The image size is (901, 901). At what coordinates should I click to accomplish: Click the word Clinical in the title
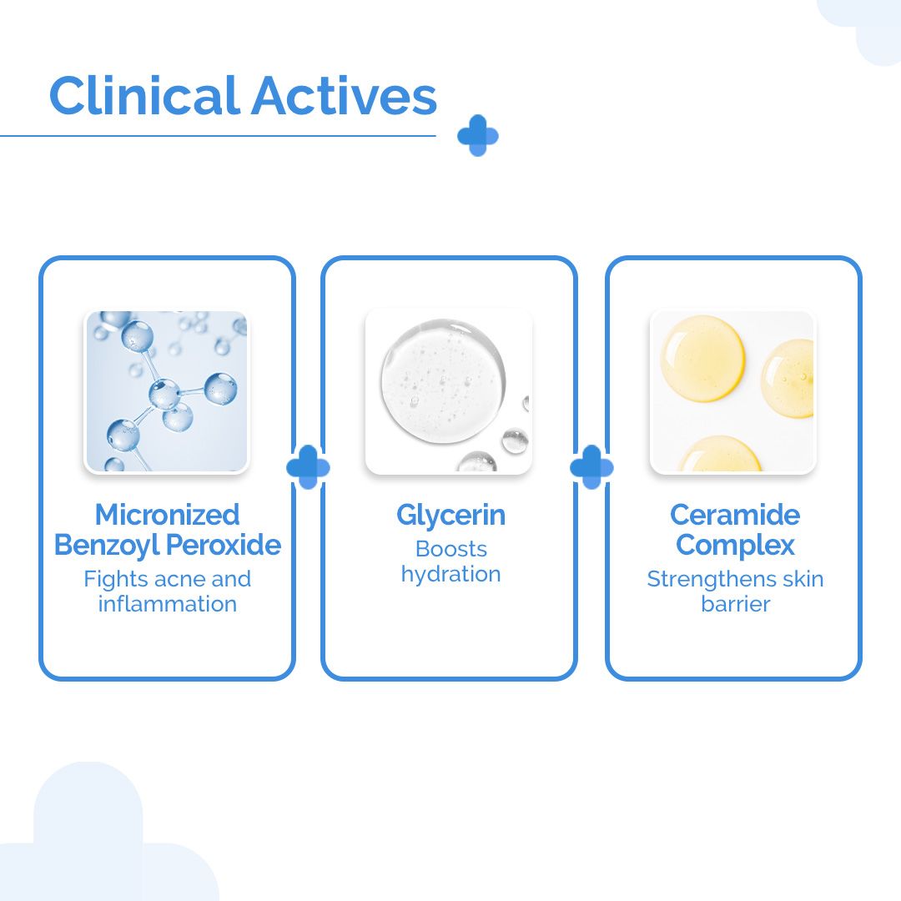[x=143, y=96]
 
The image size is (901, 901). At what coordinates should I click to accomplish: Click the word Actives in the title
[x=343, y=96]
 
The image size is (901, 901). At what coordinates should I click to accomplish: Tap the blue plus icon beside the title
[x=478, y=135]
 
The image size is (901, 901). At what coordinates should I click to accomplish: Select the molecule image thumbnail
[x=167, y=391]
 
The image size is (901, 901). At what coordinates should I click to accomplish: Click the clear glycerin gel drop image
[x=449, y=391]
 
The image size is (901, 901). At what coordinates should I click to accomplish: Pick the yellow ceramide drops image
[x=732, y=391]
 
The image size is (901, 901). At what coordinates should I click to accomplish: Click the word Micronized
[x=167, y=515]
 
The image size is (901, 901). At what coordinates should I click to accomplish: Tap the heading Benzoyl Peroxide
[x=167, y=546]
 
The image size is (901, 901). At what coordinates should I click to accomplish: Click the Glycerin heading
[x=450, y=516]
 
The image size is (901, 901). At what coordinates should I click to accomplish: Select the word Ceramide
[x=734, y=515]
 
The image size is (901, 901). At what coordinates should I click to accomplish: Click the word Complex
[x=734, y=546]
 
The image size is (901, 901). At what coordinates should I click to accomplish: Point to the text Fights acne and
[x=167, y=579]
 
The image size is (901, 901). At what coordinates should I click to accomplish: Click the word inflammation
[x=167, y=604]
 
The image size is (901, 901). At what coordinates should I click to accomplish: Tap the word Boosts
[x=450, y=549]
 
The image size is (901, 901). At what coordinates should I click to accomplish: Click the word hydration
[x=450, y=575]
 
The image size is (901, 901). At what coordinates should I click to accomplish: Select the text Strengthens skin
[x=734, y=579]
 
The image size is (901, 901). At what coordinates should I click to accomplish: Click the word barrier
[x=734, y=604]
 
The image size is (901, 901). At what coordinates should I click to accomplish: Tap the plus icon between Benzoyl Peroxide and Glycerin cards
[x=308, y=467]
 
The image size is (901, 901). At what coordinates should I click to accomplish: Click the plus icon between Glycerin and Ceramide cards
[x=591, y=467]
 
